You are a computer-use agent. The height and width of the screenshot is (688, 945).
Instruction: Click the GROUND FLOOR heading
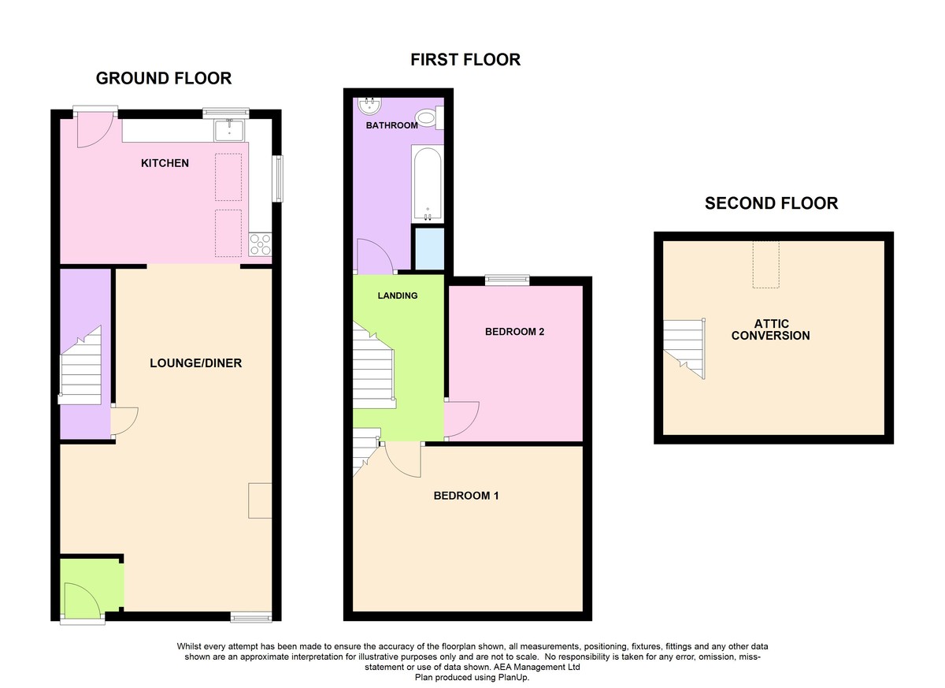tap(164, 79)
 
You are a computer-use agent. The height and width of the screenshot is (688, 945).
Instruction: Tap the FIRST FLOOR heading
tap(465, 60)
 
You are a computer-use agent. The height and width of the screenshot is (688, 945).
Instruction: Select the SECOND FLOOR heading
tap(771, 203)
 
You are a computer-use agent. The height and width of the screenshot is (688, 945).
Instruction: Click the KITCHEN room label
tap(165, 163)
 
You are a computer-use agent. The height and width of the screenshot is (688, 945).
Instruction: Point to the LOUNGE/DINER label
tap(196, 363)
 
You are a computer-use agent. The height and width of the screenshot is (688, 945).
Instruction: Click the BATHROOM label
tap(391, 125)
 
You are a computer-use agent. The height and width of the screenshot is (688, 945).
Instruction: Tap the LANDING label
tap(398, 296)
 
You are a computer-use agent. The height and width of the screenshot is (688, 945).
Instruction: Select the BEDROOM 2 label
tap(514, 332)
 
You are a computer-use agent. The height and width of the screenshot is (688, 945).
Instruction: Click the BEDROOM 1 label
tap(465, 496)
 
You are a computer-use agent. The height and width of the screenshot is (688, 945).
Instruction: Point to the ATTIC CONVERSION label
tap(771, 329)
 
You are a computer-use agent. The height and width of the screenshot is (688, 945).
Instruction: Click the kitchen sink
tap(228, 130)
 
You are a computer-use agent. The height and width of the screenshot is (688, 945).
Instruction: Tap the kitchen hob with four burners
tap(260, 244)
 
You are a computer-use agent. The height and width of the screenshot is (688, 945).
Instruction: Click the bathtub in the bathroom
tap(428, 184)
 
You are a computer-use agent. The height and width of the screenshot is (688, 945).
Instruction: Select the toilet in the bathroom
tap(429, 117)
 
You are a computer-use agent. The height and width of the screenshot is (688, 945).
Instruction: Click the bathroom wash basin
tap(370, 106)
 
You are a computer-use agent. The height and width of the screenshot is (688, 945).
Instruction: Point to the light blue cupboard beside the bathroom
tap(430, 248)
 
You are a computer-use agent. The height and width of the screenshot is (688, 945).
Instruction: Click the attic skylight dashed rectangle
tap(765, 265)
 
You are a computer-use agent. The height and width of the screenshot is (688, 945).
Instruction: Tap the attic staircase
tap(684, 348)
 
